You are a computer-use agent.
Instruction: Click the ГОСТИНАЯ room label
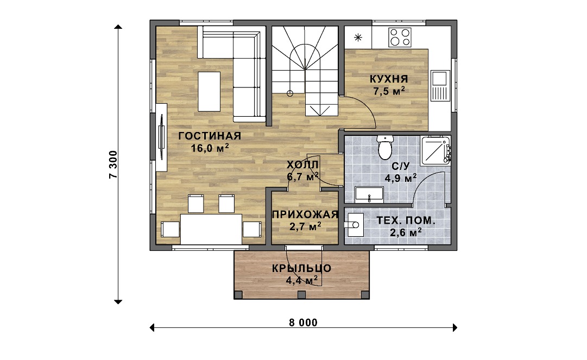[x=210, y=136]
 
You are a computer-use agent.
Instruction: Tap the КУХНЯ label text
[x=389, y=79]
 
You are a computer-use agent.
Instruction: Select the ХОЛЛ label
[x=302, y=165]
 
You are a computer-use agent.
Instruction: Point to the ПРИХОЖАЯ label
[x=305, y=214]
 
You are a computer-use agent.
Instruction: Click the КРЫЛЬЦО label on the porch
[x=302, y=268]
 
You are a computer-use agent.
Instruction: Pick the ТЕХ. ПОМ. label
[x=406, y=220]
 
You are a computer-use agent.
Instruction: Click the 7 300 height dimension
[x=113, y=165]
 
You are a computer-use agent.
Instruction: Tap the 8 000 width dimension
[x=303, y=323]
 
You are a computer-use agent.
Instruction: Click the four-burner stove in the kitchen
[x=400, y=37]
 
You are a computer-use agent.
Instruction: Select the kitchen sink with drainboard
[x=440, y=86]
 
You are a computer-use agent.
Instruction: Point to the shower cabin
[x=435, y=151]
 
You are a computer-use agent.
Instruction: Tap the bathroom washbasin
[x=369, y=194]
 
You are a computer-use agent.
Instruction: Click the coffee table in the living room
[x=209, y=92]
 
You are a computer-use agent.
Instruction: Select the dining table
[x=211, y=229]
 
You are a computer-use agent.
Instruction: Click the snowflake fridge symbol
[x=358, y=37]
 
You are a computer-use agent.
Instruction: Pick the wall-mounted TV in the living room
[x=162, y=137]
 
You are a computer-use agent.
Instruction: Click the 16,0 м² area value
[x=210, y=148]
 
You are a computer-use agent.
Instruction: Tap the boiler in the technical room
[x=356, y=225]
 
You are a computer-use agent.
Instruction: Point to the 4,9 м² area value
[x=401, y=178]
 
